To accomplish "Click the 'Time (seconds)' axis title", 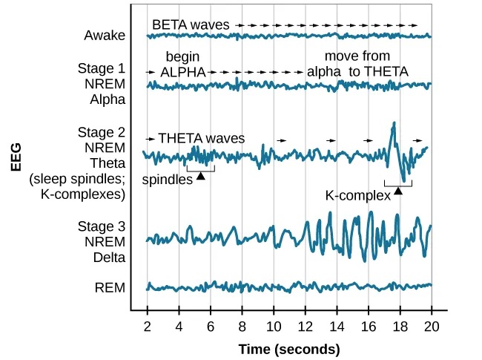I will coord(288,348).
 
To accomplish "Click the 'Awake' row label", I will coord(105,35).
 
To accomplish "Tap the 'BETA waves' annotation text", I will coord(191,24).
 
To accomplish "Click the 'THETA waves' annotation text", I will coord(201,138).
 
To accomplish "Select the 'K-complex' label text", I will coord(357,196).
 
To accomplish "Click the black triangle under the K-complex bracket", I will coord(398,192).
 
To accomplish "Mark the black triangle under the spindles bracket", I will coord(200,175).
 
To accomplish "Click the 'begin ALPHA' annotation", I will coord(183,65).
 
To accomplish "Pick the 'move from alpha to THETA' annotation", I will coord(357,65).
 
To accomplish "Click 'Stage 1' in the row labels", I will coord(102,68).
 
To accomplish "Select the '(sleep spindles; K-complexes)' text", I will coord(76,186).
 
